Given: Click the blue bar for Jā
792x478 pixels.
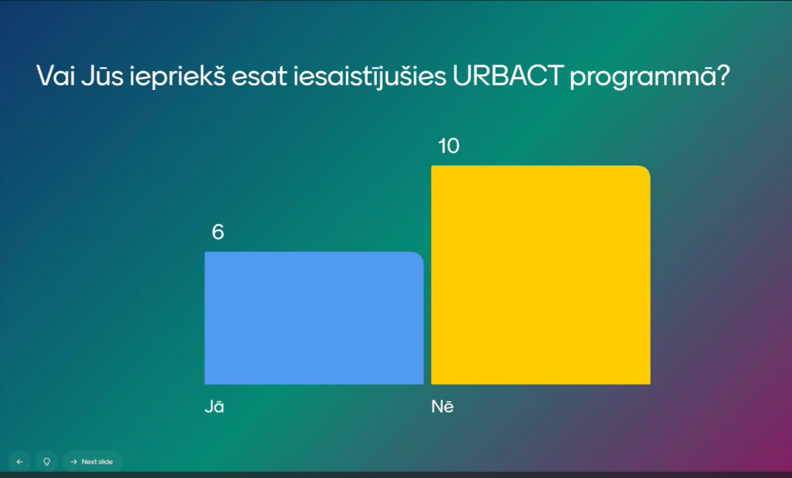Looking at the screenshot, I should (x=313, y=318).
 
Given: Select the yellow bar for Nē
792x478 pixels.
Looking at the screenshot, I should (x=540, y=275).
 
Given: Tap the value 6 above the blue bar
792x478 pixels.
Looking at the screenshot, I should (x=218, y=232).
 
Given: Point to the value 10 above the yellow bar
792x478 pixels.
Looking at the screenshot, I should (x=449, y=147).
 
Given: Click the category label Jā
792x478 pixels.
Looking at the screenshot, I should (x=214, y=407).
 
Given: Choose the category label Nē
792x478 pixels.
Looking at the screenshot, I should (x=442, y=407).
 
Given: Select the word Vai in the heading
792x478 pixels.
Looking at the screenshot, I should (x=55, y=76).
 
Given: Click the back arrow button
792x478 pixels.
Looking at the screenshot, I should (x=19, y=461).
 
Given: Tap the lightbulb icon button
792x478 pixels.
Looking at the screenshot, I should (x=47, y=461).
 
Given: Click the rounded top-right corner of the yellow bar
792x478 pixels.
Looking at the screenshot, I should (x=644, y=172).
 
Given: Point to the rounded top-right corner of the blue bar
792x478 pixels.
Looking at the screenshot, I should (x=418, y=257).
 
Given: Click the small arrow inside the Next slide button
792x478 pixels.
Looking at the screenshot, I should (x=74, y=461).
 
